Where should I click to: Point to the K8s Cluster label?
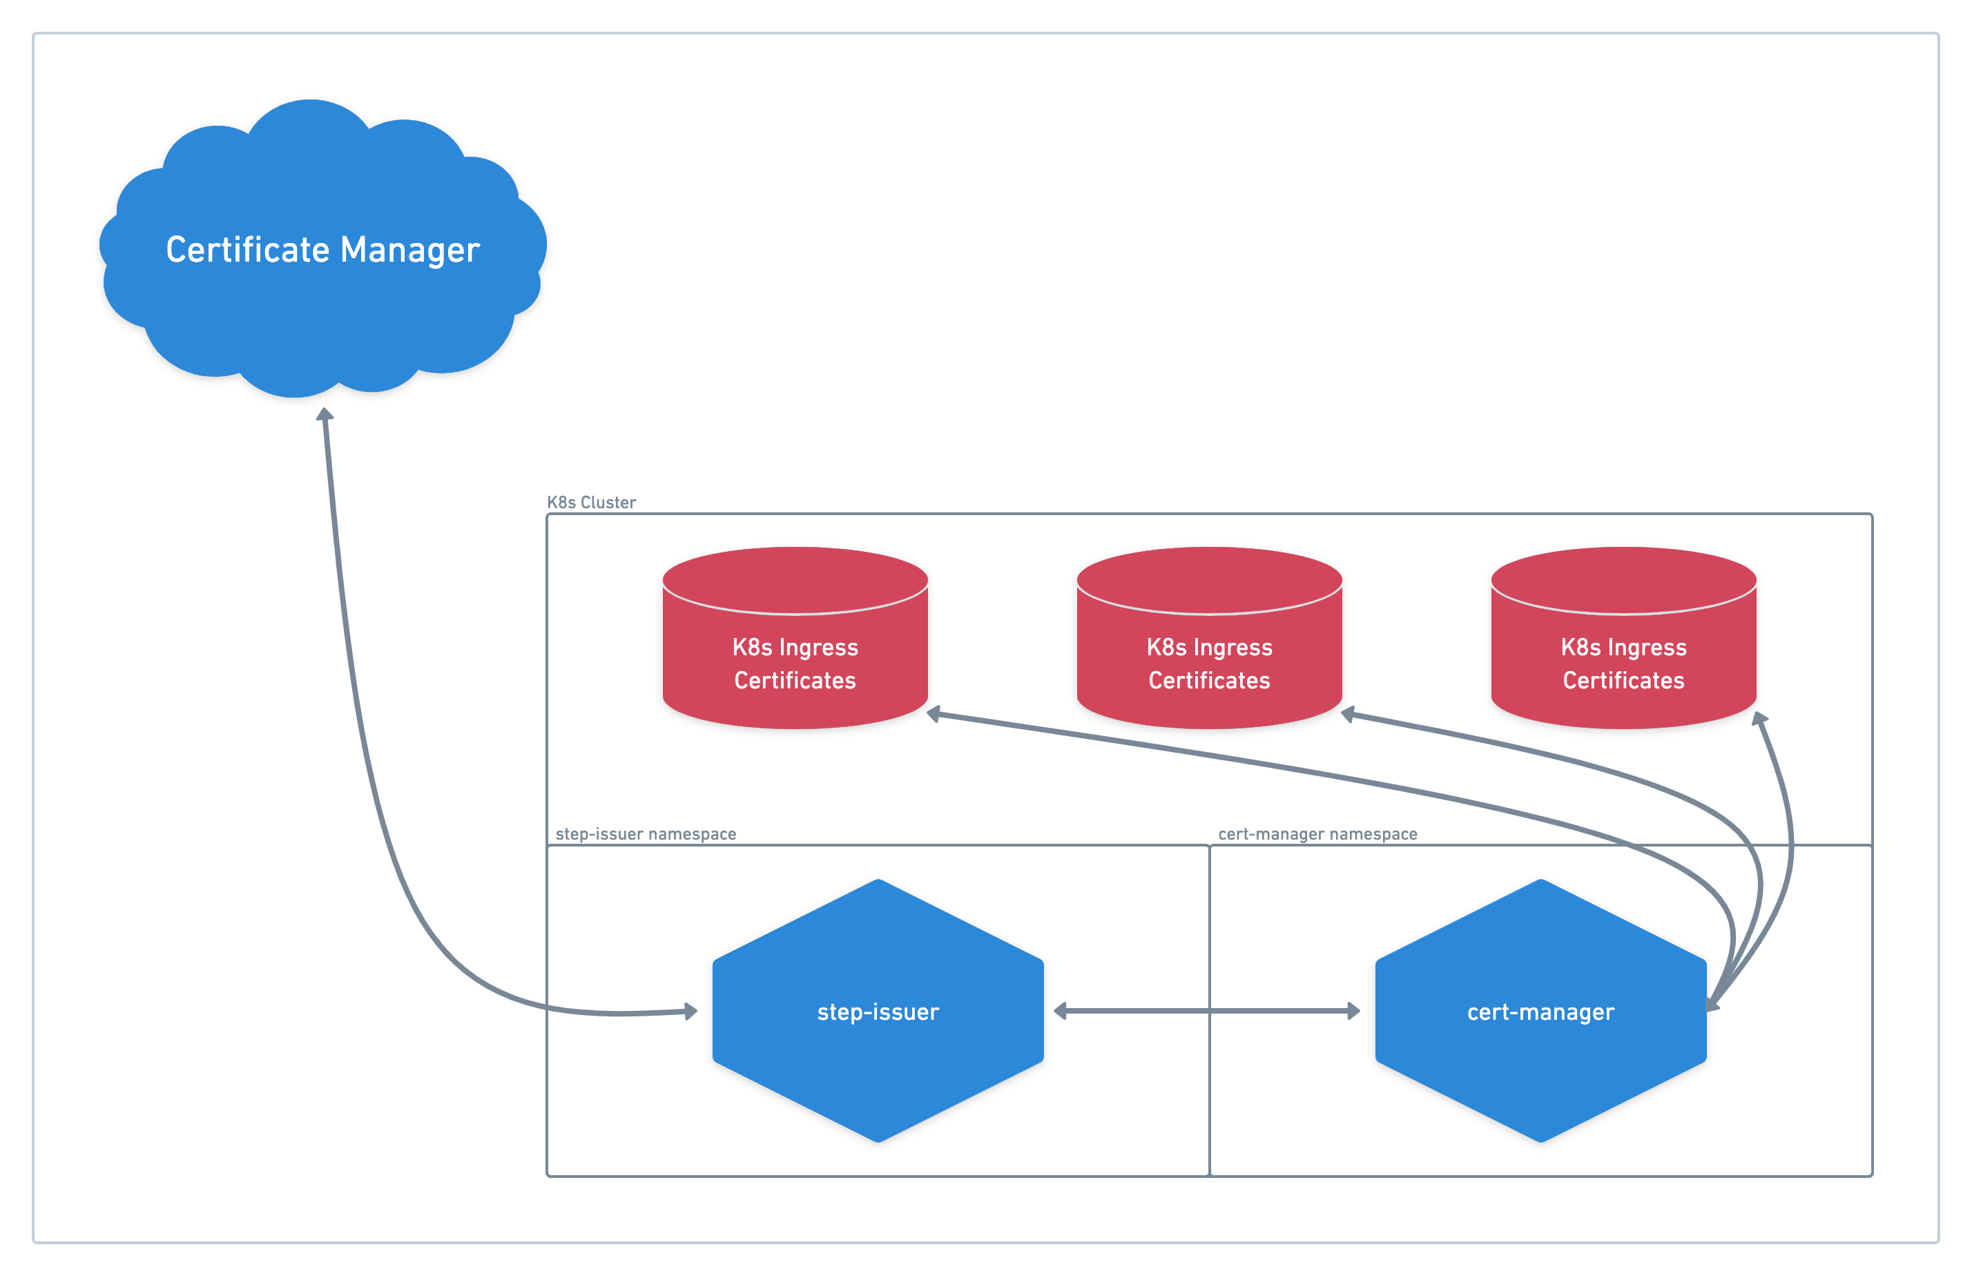[592, 502]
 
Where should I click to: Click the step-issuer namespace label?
[646, 833]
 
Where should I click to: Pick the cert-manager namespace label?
[1317, 833]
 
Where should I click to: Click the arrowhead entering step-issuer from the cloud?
[690, 1011]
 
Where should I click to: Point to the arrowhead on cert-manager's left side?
[1353, 1011]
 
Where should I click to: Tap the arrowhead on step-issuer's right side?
[1061, 1011]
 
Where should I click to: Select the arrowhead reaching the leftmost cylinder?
[934, 714]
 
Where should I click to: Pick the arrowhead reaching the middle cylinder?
[1348, 714]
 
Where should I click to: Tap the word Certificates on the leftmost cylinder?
[795, 681]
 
